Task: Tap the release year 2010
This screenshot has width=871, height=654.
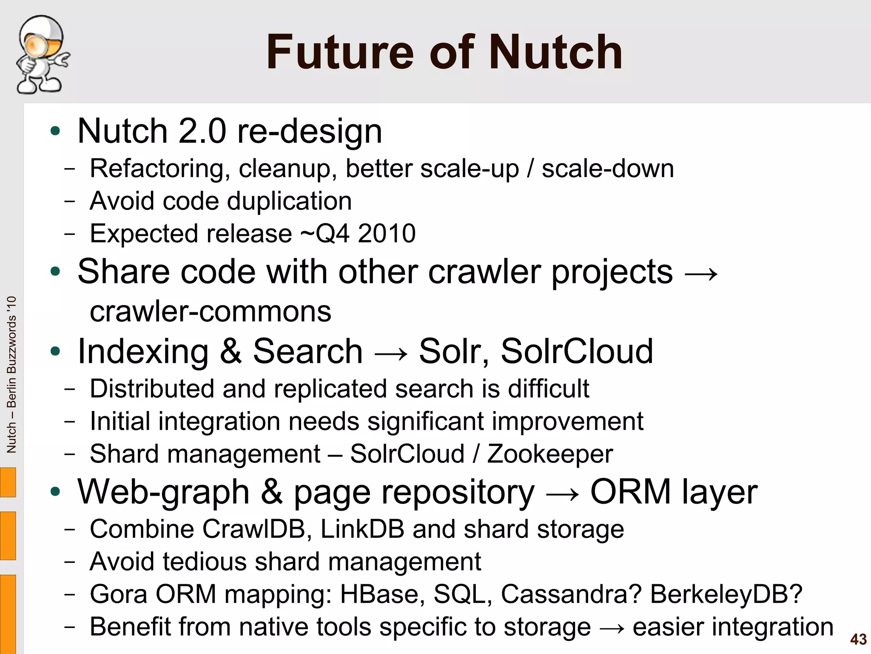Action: click(387, 233)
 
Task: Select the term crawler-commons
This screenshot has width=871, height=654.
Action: click(211, 311)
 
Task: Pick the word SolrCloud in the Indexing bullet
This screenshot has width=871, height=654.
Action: click(577, 351)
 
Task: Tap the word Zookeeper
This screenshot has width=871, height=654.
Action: click(550, 454)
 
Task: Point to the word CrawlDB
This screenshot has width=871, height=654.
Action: click(253, 529)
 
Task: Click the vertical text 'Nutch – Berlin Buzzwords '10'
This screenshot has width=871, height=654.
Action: click(11, 374)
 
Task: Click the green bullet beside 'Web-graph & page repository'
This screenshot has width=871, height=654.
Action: click(55, 492)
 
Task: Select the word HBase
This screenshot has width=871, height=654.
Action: click(382, 594)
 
